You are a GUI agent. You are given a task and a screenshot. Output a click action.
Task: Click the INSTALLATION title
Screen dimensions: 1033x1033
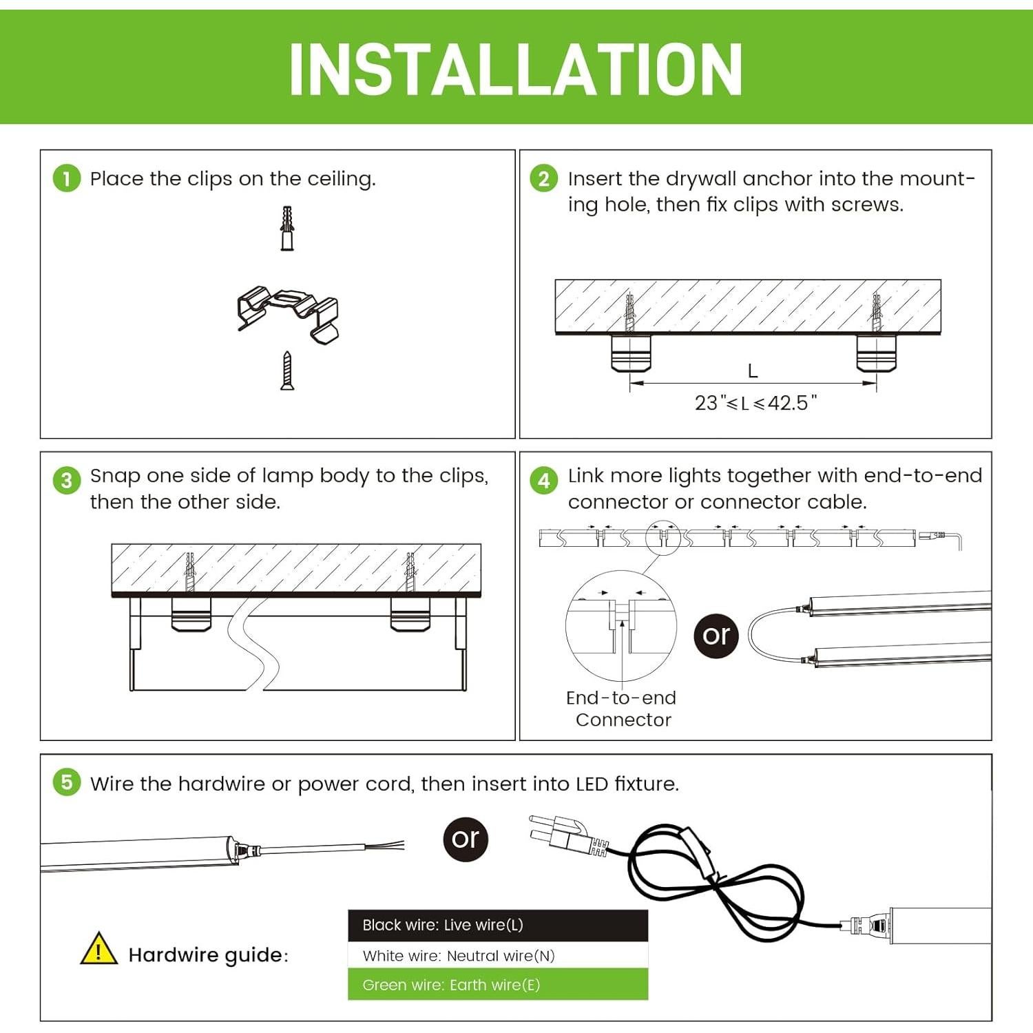(515, 69)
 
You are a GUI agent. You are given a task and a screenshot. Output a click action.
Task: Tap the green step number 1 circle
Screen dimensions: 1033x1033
(67, 178)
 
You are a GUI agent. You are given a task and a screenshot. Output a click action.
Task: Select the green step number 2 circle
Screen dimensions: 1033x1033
(544, 178)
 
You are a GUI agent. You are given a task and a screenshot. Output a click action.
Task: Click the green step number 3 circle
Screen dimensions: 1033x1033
(67, 479)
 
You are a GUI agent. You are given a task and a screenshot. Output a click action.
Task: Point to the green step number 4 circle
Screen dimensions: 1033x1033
(544, 479)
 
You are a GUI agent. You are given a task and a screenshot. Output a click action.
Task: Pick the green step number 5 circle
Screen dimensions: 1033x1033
(67, 782)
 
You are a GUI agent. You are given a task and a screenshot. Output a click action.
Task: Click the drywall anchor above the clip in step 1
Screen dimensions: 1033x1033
(288, 228)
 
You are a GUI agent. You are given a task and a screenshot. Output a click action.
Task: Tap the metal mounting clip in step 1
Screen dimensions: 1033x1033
(289, 313)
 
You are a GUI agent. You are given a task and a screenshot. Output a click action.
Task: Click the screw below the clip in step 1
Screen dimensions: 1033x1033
(288, 371)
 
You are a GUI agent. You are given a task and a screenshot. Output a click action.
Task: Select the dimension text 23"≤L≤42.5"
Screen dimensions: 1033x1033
(755, 403)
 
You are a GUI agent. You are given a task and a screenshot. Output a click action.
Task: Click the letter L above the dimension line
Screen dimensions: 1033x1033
(753, 371)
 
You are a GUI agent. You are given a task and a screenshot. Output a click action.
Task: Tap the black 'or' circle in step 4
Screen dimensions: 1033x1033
(716, 636)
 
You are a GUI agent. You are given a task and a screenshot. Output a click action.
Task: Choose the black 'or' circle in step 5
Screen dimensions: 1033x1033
(466, 839)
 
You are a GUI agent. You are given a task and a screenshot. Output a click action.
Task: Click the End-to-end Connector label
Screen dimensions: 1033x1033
(621, 709)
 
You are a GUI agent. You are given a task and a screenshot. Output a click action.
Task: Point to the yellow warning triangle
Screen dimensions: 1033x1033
(98, 948)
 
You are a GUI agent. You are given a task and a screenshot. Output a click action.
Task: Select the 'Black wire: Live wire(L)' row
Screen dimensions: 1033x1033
(498, 925)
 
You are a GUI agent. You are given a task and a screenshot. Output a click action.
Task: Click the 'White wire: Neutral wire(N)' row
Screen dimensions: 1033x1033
(498, 955)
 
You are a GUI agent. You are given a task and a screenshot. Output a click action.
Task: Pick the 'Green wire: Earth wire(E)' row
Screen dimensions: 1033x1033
(498, 985)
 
